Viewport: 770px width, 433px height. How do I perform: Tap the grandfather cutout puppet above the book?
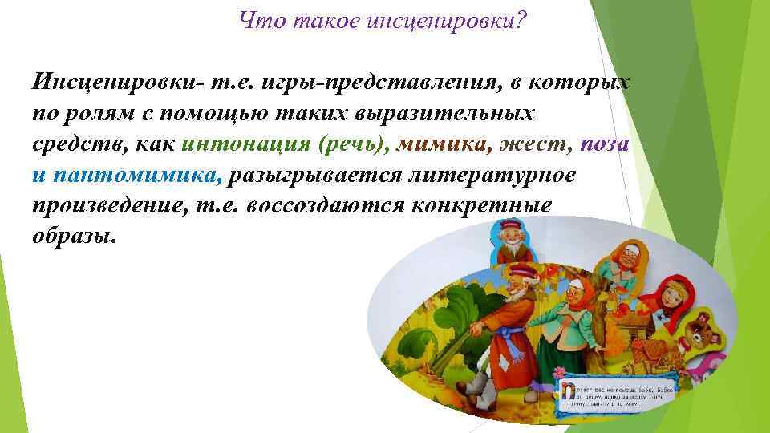(x=508, y=241)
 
